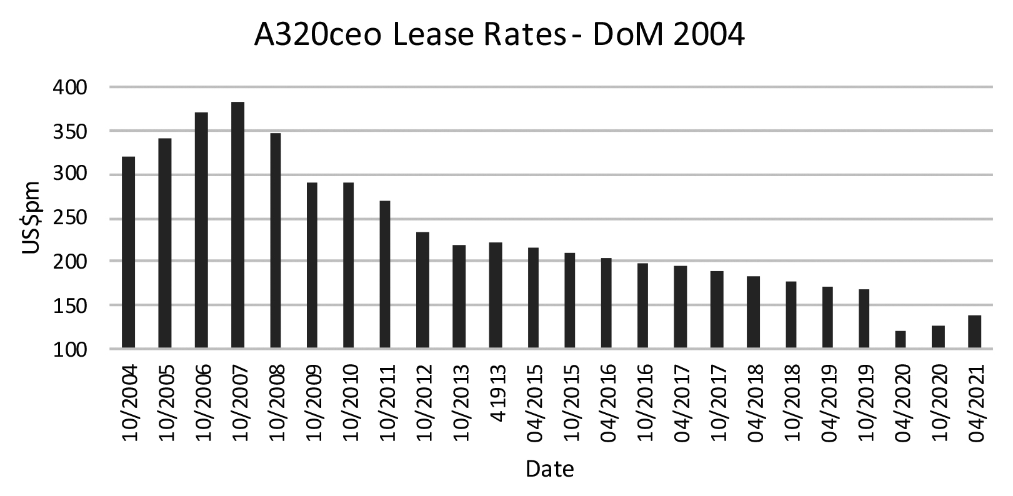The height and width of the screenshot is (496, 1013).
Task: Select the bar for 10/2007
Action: (x=237, y=225)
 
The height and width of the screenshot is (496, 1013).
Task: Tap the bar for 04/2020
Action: (x=901, y=339)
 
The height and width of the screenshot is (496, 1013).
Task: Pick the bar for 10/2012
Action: (x=422, y=290)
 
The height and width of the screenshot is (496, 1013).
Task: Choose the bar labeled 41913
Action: (x=496, y=295)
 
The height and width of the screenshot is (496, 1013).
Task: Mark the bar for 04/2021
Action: (x=974, y=332)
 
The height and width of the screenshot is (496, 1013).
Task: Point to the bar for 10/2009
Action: (x=312, y=265)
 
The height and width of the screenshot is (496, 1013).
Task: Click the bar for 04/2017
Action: (x=681, y=307)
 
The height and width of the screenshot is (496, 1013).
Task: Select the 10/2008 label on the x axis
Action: (x=276, y=404)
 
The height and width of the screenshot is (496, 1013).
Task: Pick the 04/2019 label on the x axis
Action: (x=829, y=404)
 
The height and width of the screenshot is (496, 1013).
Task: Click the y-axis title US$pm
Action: (x=31, y=218)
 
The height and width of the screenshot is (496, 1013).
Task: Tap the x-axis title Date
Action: (x=549, y=468)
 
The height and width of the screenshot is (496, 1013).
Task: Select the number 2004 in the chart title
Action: (x=711, y=36)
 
